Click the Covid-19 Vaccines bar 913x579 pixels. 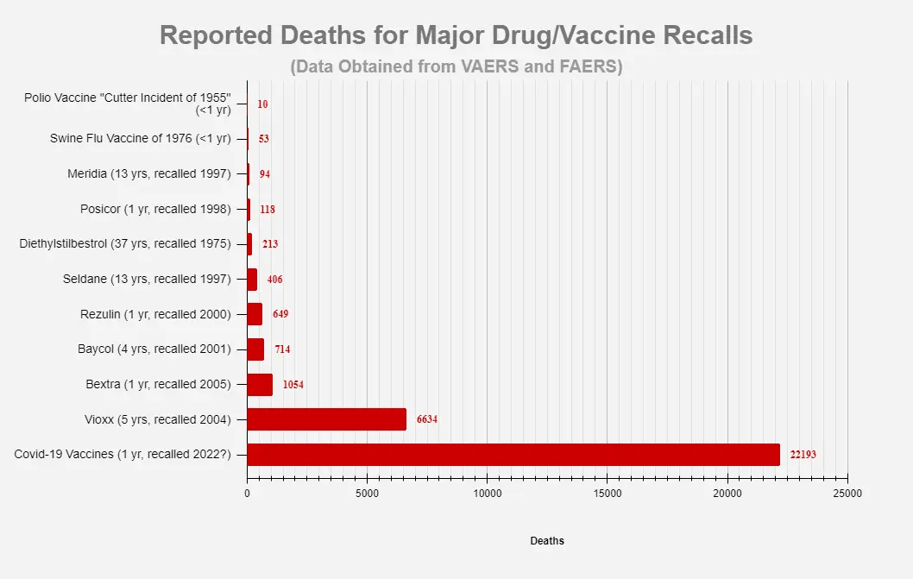513,455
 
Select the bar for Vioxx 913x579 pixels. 326,419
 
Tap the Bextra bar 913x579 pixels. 260,384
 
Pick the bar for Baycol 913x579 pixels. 255,349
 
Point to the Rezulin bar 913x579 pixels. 255,314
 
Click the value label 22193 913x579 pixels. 803,455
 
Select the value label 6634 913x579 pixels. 427,419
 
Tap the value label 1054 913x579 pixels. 293,384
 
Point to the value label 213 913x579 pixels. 270,244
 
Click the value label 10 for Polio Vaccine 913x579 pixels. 262,104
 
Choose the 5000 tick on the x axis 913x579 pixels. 367,494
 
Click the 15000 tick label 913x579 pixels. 607,494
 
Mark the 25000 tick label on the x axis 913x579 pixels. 847,494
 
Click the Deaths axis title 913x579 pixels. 547,541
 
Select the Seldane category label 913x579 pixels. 147,279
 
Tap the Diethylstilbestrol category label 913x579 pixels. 125,244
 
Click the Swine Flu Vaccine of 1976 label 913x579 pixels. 140,138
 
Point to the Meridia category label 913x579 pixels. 149,173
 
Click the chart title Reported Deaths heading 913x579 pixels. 456,35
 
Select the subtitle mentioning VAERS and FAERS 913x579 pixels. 456,66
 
